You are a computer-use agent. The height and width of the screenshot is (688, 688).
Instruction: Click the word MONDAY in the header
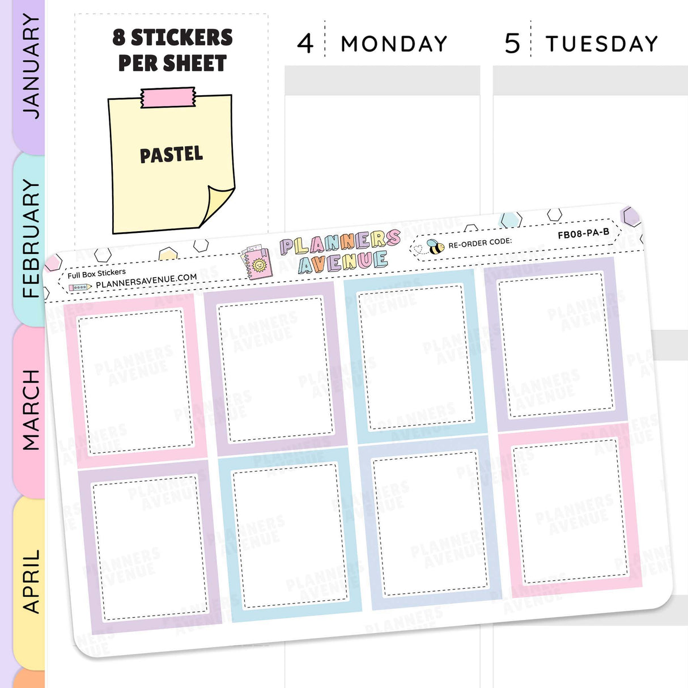point(394,44)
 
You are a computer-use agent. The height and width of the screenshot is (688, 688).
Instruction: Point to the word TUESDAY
point(601,44)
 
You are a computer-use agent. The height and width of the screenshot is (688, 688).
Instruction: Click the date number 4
point(305,44)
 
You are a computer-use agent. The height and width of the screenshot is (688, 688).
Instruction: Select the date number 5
point(512,44)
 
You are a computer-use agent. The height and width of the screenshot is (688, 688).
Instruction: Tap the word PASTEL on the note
point(171,154)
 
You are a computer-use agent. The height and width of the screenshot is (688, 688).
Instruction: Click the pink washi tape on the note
point(168,98)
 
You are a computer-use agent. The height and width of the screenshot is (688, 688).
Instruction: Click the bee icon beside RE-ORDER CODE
point(435,247)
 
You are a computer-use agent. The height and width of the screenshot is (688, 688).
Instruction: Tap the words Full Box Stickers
point(96,274)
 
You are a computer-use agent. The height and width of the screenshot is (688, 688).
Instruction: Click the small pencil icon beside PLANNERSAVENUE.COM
point(80,288)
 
